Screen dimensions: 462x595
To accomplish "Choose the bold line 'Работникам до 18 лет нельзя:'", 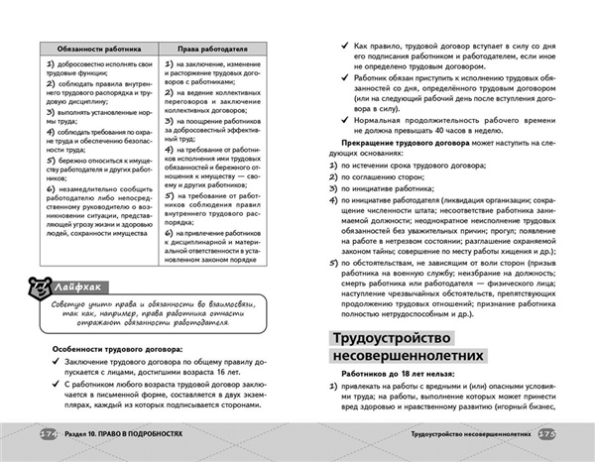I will click(387, 388).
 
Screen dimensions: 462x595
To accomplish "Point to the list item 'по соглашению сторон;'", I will click(387, 175).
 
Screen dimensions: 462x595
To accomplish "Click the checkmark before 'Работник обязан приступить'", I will click(342, 82).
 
